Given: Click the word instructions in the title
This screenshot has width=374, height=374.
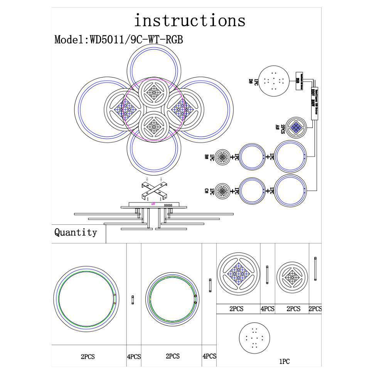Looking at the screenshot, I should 189,20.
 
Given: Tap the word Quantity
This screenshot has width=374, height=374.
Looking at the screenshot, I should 76,232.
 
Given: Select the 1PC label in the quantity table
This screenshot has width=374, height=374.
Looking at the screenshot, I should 284,361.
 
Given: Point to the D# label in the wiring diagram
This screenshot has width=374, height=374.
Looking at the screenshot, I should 251,81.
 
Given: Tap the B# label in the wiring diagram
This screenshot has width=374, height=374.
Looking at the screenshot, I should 207,157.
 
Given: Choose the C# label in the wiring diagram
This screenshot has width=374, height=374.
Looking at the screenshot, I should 207,190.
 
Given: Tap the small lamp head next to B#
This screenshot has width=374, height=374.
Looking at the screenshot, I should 222,157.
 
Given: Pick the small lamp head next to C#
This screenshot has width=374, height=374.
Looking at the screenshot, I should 222,190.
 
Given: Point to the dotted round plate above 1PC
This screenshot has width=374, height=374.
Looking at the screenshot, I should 254,338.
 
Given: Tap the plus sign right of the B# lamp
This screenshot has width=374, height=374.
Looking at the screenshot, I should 232,157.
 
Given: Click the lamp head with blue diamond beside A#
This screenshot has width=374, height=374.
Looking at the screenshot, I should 296,128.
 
